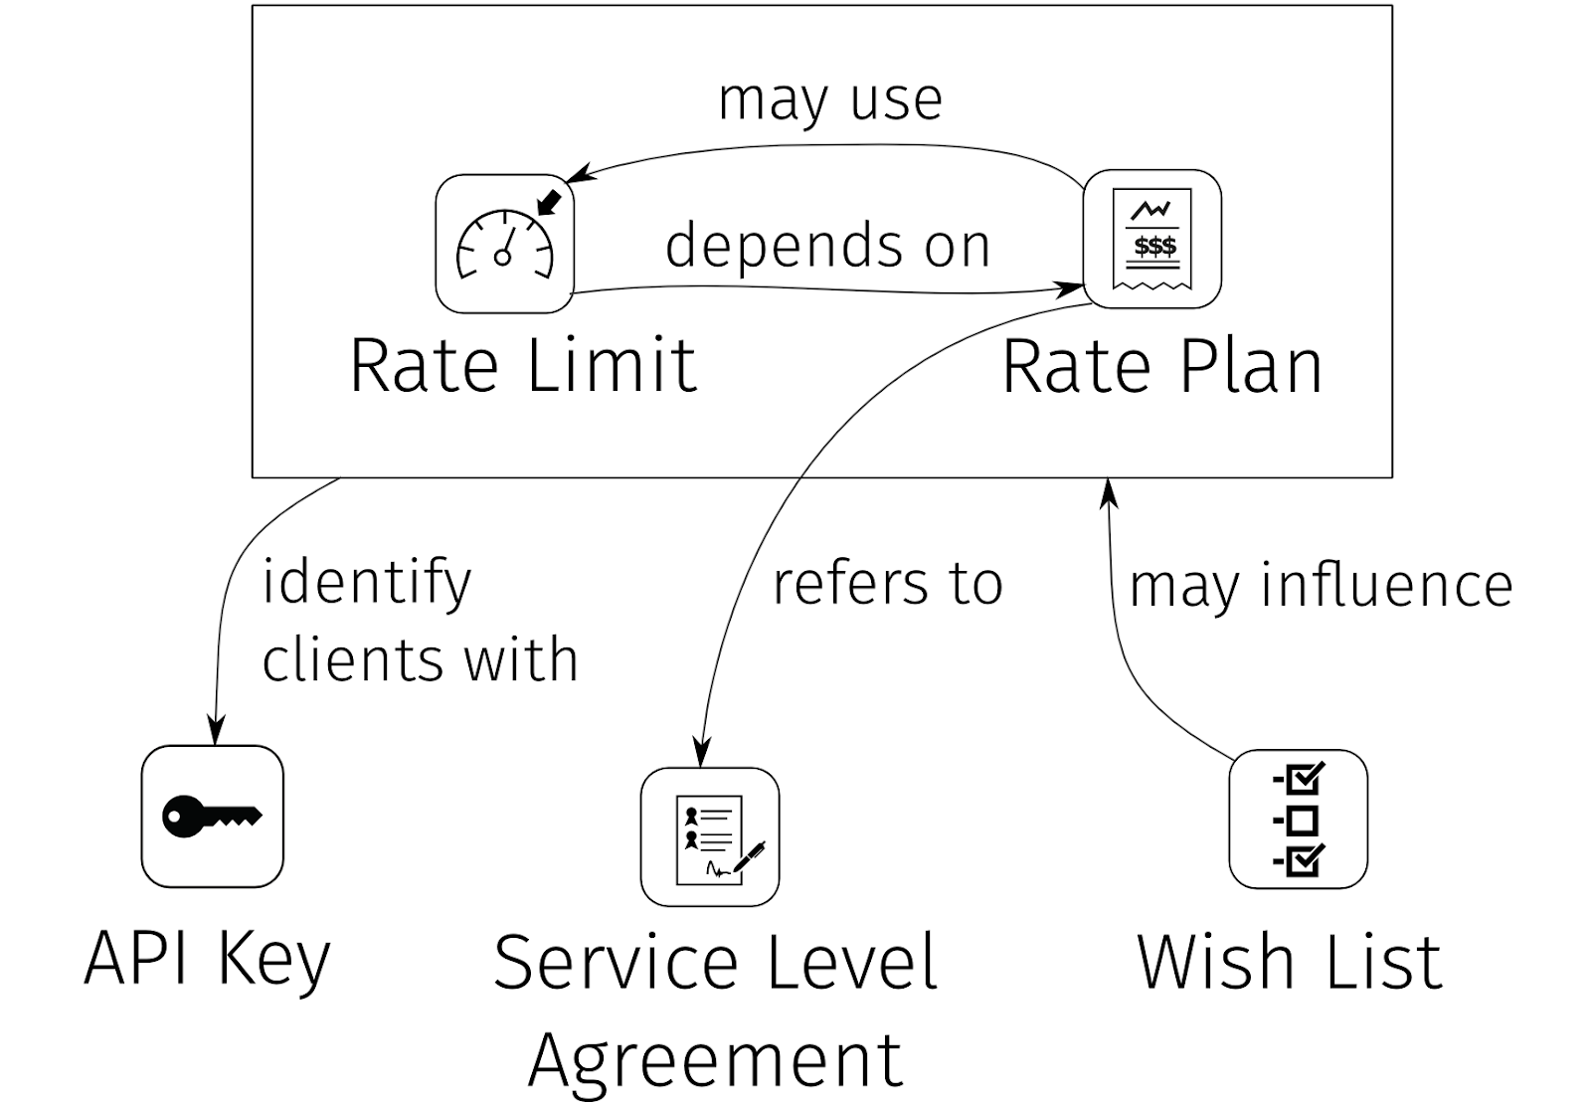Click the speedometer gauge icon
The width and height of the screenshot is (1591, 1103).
click(x=504, y=244)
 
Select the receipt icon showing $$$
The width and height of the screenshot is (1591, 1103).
click(x=1151, y=239)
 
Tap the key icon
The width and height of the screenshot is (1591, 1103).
click(x=212, y=817)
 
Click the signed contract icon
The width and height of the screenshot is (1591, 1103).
click(x=710, y=837)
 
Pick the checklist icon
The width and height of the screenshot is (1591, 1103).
click(x=1298, y=820)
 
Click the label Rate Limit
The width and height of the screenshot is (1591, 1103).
click(x=523, y=366)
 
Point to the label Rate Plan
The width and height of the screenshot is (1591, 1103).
click(x=1161, y=366)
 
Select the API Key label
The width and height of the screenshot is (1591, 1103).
click(x=207, y=960)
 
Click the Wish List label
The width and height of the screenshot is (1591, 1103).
click(x=1289, y=962)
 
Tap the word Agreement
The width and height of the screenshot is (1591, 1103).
click(x=715, y=1059)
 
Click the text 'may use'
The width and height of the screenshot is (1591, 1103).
click(x=830, y=99)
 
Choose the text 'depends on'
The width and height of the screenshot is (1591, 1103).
click(x=827, y=246)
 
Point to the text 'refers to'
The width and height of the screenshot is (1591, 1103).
click(x=887, y=584)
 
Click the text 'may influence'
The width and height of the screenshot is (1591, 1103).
click(x=1321, y=585)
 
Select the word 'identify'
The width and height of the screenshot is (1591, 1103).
click(x=366, y=584)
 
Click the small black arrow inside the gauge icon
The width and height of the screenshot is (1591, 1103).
click(x=549, y=203)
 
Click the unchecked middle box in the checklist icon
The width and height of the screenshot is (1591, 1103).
click(x=1303, y=821)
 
